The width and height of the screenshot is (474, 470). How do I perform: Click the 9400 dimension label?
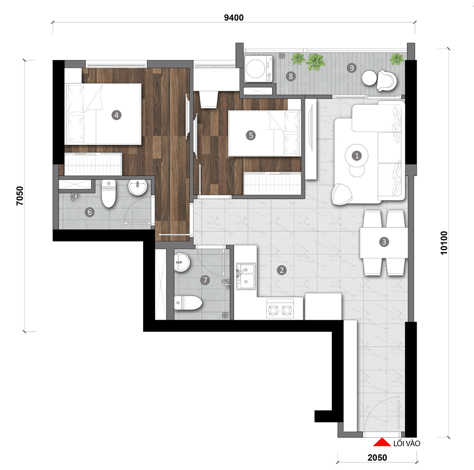click(x=234, y=18)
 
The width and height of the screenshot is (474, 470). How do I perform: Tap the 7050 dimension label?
click(x=19, y=196)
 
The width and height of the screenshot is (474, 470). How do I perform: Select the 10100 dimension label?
click(x=444, y=243)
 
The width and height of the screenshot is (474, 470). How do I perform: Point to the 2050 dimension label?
click(x=377, y=457)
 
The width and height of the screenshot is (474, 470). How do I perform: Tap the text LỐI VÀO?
click(x=407, y=443)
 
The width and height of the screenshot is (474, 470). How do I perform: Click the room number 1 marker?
click(x=357, y=156)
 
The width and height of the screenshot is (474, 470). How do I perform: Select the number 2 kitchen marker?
click(x=282, y=270)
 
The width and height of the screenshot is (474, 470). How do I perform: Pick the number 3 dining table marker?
click(x=384, y=242)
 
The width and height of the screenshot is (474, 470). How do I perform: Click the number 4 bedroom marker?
click(x=117, y=115)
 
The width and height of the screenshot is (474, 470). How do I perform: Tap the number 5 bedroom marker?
click(x=251, y=135)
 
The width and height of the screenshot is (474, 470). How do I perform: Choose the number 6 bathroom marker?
click(x=90, y=212)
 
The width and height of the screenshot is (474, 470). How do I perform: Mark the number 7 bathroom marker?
click(x=205, y=280)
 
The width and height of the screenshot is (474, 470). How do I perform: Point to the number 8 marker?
click(x=291, y=76)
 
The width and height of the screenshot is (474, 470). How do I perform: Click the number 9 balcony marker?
click(x=352, y=68)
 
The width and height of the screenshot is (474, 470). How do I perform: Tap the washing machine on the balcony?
click(x=258, y=69)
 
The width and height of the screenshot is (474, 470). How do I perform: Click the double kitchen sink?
click(x=246, y=276)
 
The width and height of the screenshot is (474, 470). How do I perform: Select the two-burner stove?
click(x=280, y=309)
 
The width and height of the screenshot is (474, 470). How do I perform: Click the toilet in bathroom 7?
click(x=188, y=303)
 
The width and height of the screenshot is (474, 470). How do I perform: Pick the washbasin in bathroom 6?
click(x=137, y=188)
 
